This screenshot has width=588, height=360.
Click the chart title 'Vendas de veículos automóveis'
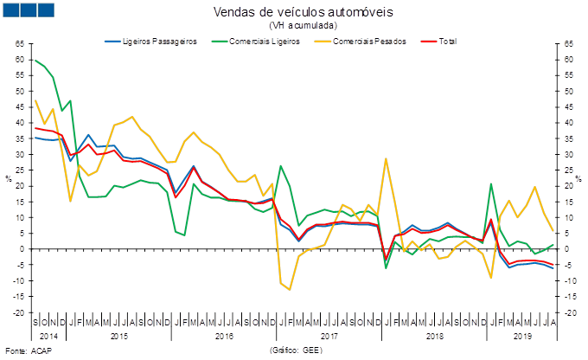(x=302, y=11)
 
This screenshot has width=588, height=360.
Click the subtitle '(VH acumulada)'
(x=303, y=25)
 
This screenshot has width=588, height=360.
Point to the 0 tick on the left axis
(x=21, y=249)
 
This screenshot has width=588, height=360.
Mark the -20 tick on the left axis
(x=19, y=312)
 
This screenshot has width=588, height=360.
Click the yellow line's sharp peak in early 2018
(x=387, y=158)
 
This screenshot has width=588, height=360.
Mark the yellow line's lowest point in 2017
(x=289, y=289)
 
